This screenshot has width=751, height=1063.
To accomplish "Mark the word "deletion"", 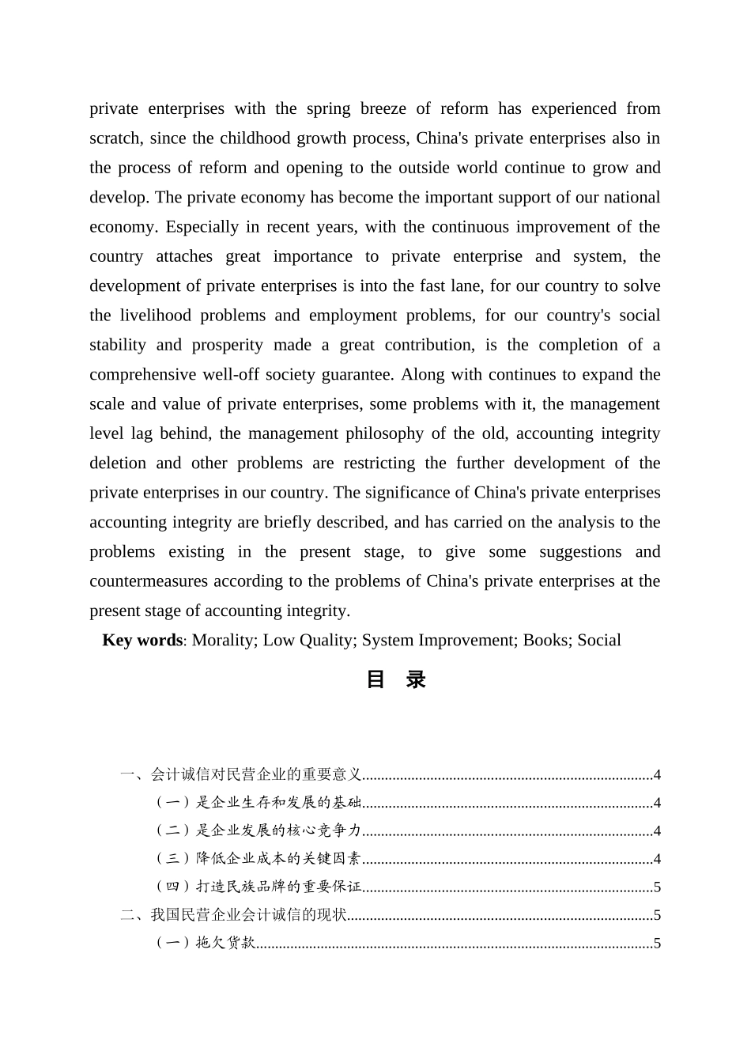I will point(118,463).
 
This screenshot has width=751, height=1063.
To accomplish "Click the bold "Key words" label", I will point(142,641).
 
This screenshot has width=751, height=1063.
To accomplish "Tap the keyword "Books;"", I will point(547,641).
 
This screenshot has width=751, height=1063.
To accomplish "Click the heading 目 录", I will point(396,679).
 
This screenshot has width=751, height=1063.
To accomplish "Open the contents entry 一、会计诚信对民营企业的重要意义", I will point(241,774).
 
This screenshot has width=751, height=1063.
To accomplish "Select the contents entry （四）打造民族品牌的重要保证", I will point(257,887).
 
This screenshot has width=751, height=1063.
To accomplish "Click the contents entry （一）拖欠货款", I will point(205,943).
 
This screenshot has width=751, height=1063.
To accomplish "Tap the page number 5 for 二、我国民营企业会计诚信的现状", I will point(657,915).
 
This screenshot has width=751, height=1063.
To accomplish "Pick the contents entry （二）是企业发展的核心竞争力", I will point(257,830).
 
